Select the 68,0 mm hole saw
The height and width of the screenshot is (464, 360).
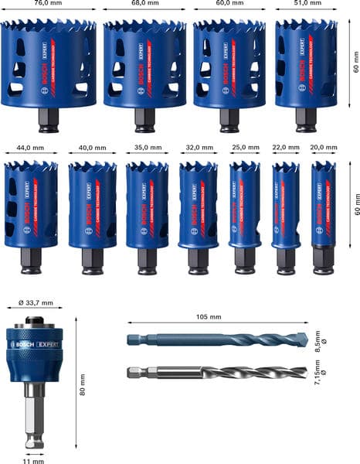pyautogui.click(x=144, y=66)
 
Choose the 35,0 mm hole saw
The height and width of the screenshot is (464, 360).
pyautogui.click(x=147, y=206)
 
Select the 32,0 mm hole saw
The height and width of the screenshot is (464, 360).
pyautogui.click(x=197, y=206)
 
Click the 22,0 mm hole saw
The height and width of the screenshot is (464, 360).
pyautogui.click(x=286, y=205)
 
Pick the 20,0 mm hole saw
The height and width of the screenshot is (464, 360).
pyautogui.click(x=323, y=205)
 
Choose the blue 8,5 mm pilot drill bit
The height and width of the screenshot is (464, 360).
pyautogui.click(x=224, y=339)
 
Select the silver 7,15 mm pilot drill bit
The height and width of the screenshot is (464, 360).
pyautogui.click(x=224, y=373)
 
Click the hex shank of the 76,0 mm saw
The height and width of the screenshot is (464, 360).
pyautogui.click(x=48, y=121)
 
